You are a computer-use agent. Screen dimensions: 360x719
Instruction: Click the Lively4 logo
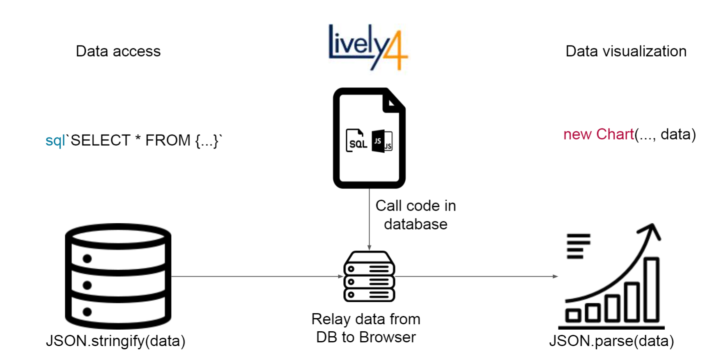pyautogui.click(x=368, y=46)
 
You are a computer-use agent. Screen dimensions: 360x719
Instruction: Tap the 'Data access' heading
pyautogui.click(x=118, y=51)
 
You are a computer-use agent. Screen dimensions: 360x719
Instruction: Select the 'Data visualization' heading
pyautogui.click(x=626, y=51)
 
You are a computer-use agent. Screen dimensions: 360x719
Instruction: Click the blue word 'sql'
pyautogui.click(x=55, y=140)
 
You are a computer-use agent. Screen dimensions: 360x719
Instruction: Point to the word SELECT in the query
pyautogui.click(x=101, y=140)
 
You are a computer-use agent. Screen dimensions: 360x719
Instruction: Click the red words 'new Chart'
pyautogui.click(x=598, y=134)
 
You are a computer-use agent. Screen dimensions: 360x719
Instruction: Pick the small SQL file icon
pyautogui.click(x=356, y=141)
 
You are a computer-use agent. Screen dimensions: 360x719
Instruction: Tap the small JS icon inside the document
pyautogui.click(x=382, y=141)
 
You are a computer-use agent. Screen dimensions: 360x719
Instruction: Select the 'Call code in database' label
pyautogui.click(x=416, y=215)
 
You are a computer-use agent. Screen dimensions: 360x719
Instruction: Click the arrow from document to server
pyautogui.click(x=369, y=220)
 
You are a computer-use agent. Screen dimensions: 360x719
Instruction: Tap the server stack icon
pyautogui.click(x=369, y=277)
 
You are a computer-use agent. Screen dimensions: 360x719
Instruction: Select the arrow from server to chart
pyautogui.click(x=476, y=277)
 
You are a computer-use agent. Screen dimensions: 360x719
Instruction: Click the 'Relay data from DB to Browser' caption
pyautogui.click(x=366, y=328)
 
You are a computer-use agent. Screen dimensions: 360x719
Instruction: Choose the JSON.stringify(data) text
pyautogui.click(x=116, y=341)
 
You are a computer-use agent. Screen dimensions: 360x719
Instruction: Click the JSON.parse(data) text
pyautogui.click(x=611, y=341)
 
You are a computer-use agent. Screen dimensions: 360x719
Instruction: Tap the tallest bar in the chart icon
pyautogui.click(x=651, y=289)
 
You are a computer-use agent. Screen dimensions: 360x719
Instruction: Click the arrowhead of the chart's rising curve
pyautogui.click(x=651, y=230)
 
